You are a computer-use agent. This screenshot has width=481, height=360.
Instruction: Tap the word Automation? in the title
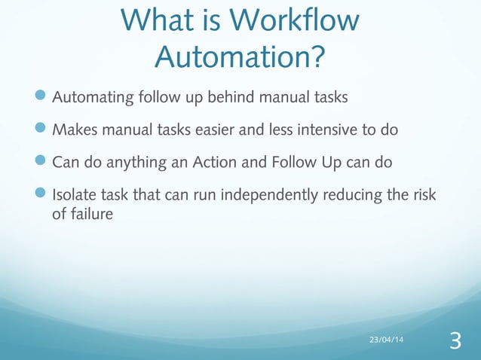tap(240, 55)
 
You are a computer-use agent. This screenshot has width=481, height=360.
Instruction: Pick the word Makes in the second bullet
tap(72, 130)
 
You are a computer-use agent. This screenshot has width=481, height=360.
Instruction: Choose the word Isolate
tap(73, 194)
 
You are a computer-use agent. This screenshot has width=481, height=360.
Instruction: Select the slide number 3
tap(455, 341)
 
